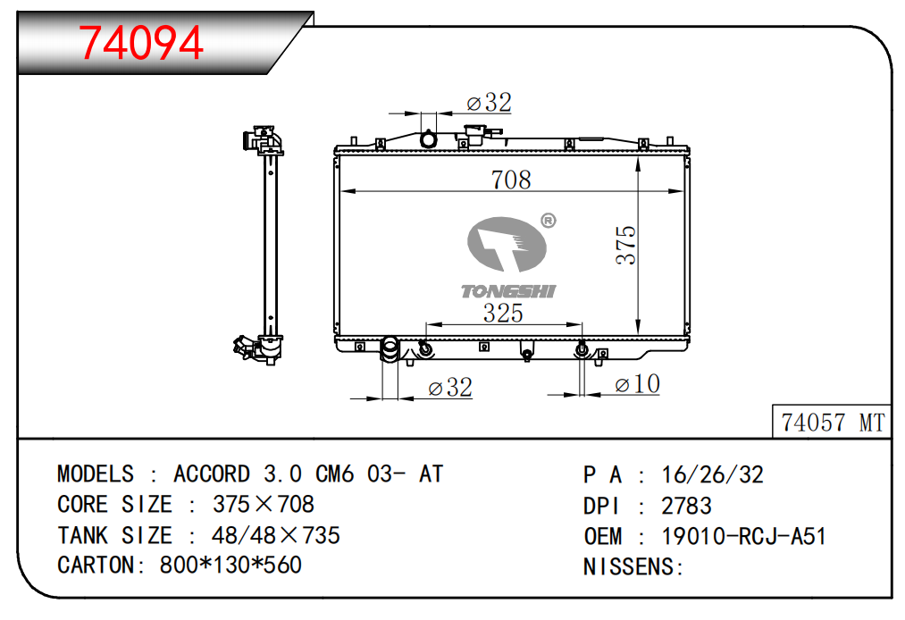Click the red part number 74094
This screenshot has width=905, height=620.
point(141,43)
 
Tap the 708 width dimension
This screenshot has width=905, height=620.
point(511,180)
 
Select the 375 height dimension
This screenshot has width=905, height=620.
point(625,246)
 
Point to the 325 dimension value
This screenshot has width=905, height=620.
point(503,313)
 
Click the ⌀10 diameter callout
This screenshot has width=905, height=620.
point(637,384)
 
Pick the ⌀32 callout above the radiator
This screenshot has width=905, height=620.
point(490,103)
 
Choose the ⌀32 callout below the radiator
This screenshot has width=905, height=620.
point(450,388)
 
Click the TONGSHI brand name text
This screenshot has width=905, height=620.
point(508,291)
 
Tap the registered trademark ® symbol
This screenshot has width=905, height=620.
point(549,221)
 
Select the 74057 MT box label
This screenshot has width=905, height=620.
point(833,423)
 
